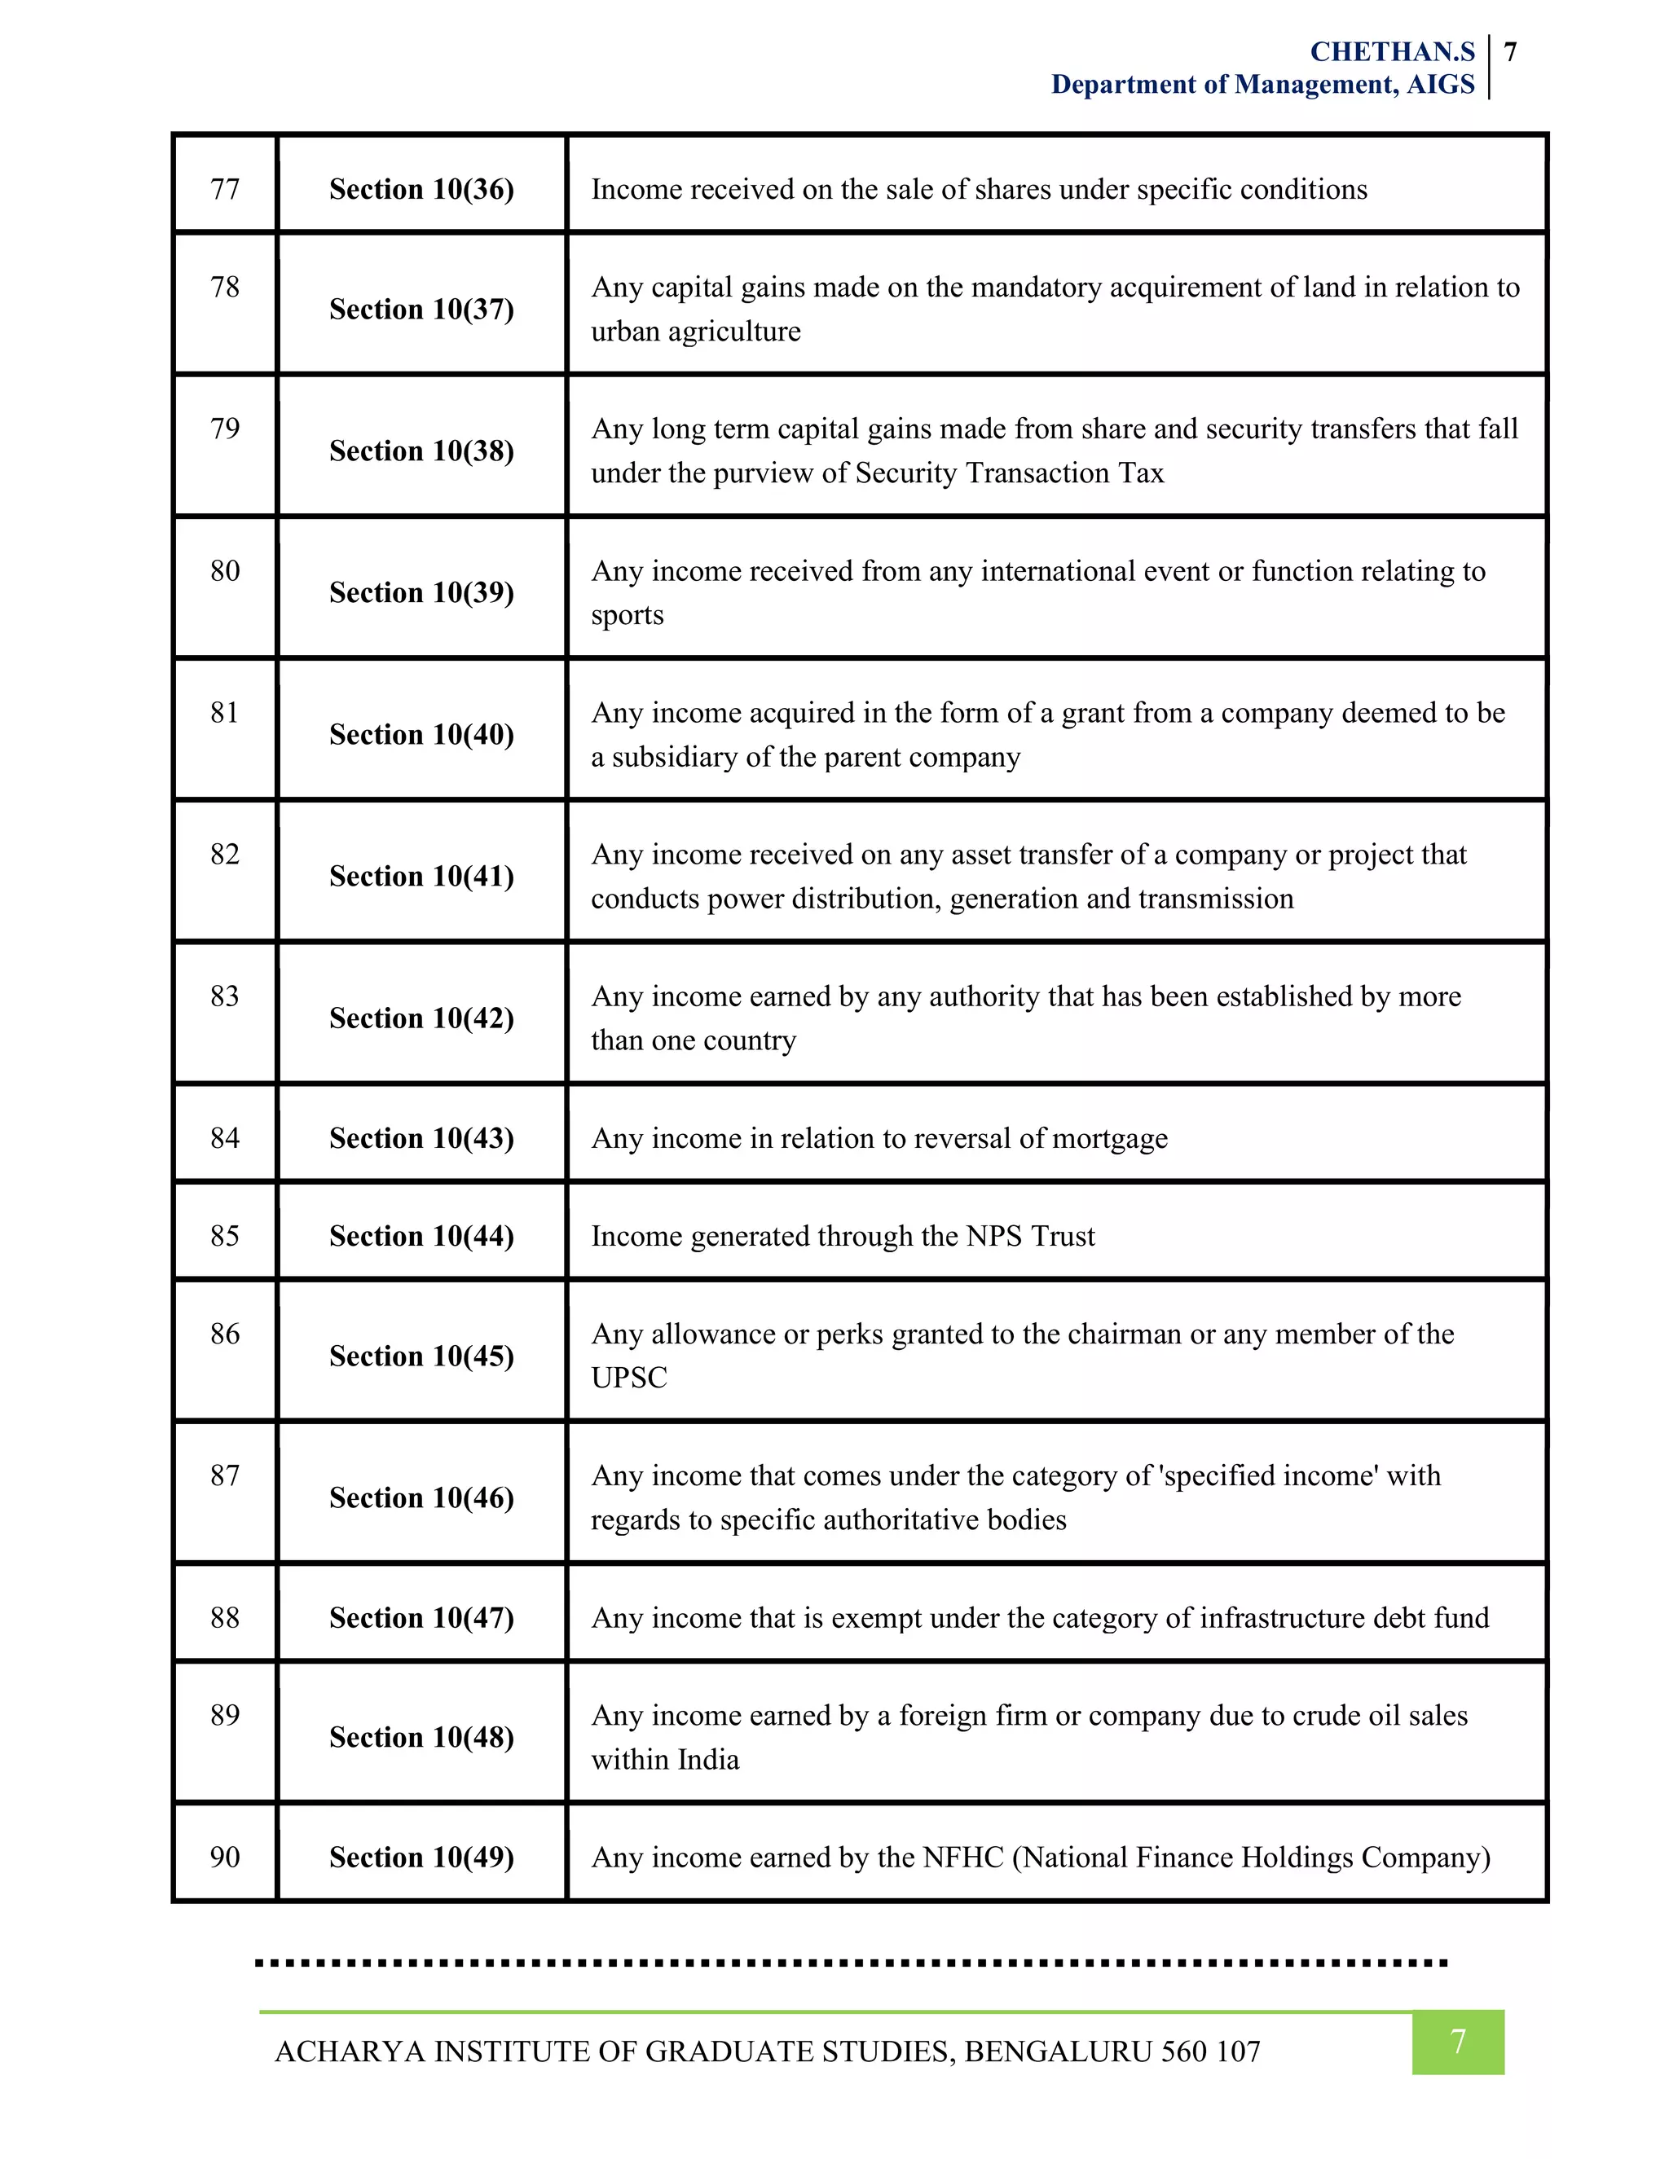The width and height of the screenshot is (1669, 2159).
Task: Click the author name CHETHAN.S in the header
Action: (x=1391, y=51)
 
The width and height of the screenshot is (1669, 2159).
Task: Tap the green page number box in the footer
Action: (x=1457, y=2042)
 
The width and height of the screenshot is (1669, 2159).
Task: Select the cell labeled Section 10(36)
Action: (x=421, y=189)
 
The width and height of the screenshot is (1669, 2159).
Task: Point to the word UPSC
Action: (x=629, y=1378)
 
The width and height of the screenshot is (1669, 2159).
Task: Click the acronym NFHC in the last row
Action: (x=963, y=1858)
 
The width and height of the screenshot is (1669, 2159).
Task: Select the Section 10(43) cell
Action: (x=421, y=1138)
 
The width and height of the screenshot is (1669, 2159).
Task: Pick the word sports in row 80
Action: (x=627, y=615)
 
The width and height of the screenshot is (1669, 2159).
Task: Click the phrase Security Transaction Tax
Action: (x=1009, y=473)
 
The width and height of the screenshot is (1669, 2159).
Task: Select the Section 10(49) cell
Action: (x=421, y=1858)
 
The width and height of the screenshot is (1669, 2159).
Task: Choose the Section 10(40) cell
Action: (x=421, y=735)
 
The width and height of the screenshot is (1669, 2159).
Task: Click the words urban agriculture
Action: (x=695, y=331)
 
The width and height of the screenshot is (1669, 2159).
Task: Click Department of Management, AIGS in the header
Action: (x=1262, y=85)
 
